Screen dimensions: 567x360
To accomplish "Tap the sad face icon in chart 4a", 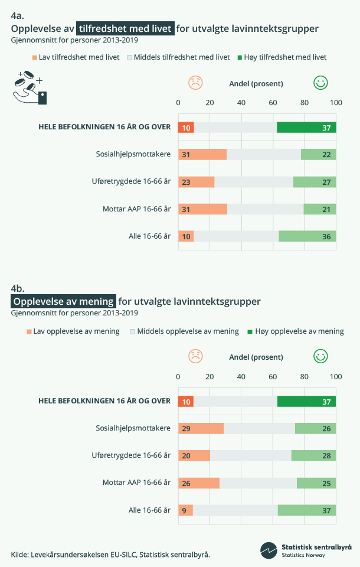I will [195, 83].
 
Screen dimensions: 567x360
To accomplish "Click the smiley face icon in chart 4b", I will [320, 356].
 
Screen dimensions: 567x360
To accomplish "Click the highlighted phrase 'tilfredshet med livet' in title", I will [126, 28].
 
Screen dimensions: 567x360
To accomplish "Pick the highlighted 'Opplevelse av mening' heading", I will [64, 301].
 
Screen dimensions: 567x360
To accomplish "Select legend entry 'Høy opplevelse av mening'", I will [295, 331].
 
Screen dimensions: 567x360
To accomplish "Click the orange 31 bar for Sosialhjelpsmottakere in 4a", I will [202, 154].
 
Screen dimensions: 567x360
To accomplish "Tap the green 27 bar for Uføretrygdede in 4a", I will [315, 182].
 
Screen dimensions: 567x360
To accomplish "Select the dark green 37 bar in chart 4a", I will [306, 127].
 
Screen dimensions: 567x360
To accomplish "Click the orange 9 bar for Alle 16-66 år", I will [185, 510].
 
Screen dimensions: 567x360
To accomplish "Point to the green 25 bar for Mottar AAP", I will [316, 483].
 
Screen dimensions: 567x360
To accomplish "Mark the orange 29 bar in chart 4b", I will [201, 428].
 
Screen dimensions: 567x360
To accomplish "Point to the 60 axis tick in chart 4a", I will [273, 103].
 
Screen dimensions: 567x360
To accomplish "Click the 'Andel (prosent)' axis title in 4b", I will [256, 357].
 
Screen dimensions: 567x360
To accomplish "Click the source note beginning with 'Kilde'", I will [110, 554].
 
